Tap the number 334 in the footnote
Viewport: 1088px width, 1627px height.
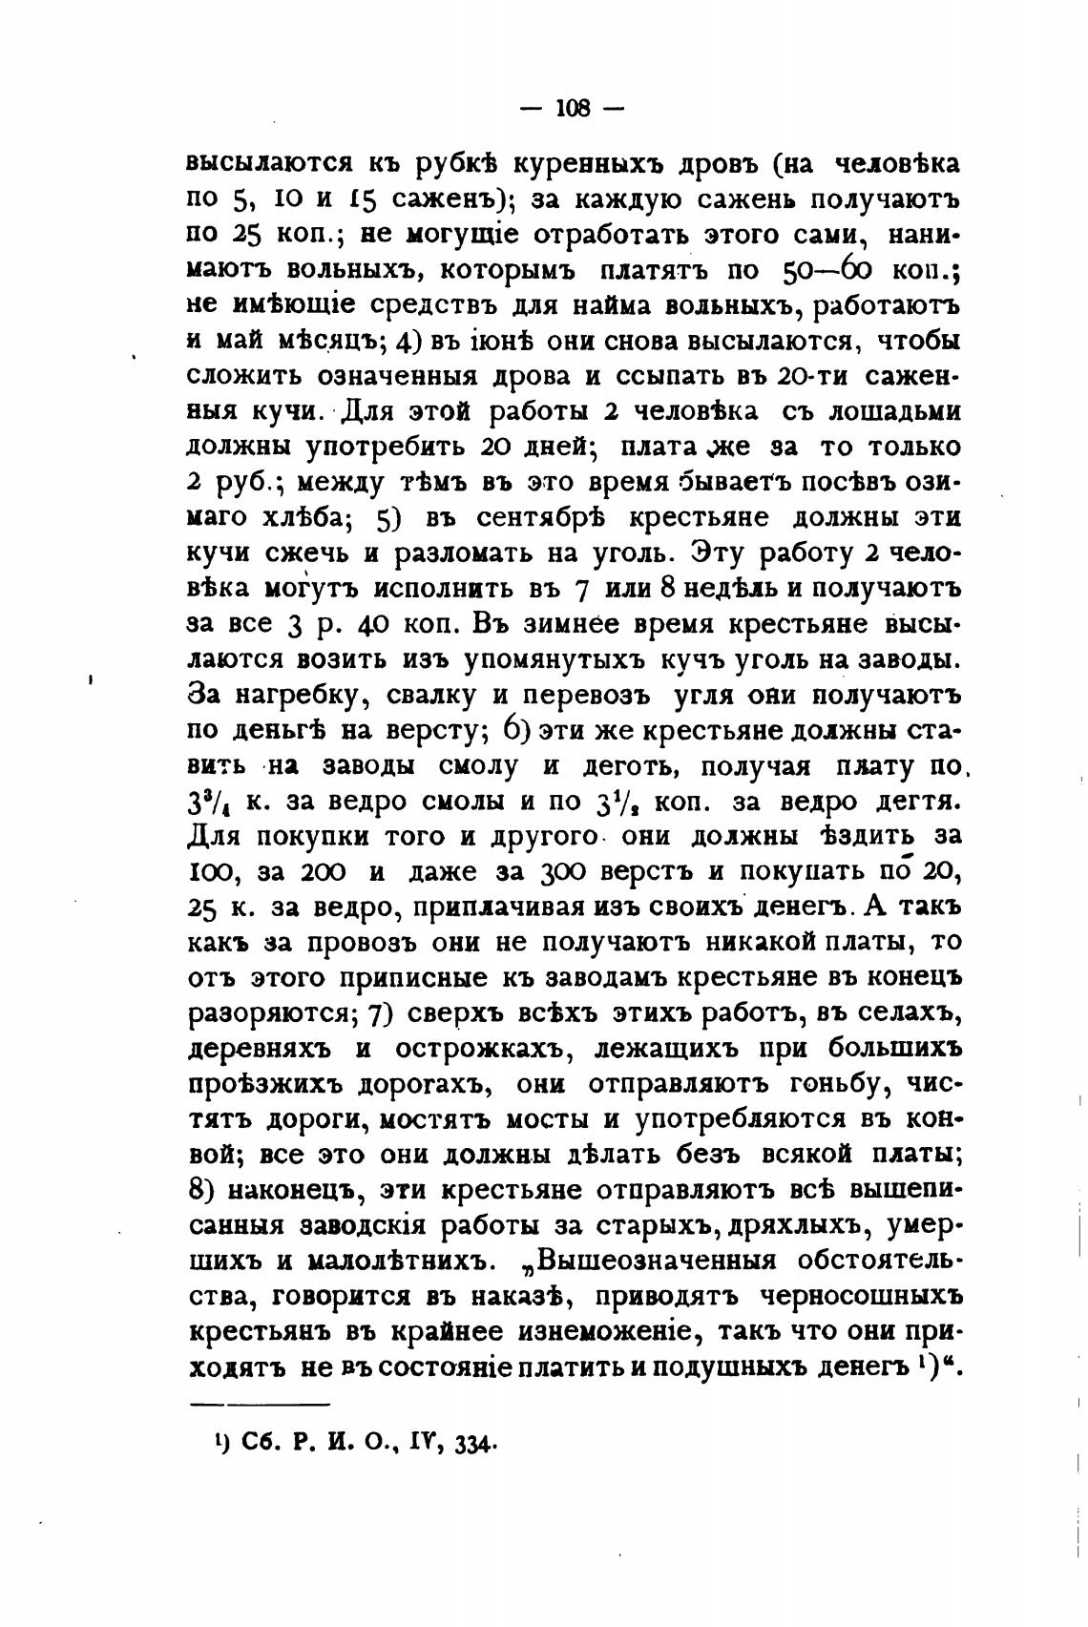(x=470, y=1445)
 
